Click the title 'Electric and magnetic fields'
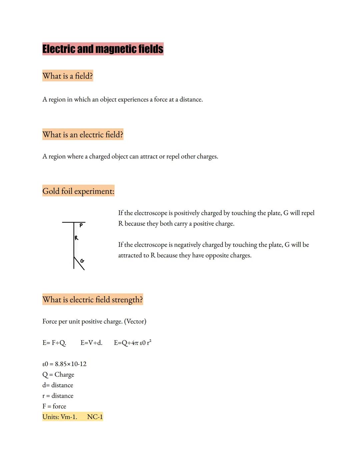tap(103, 49)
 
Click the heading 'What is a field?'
tap(68, 76)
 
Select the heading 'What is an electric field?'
tap(83, 134)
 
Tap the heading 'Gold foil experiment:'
tap(78, 191)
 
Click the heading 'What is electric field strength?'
tap(93, 300)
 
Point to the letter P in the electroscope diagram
tap(81, 226)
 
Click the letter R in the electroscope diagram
tap(76, 238)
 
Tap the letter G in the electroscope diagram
tap(82, 261)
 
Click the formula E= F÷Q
tap(54, 343)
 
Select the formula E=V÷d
tap(91, 343)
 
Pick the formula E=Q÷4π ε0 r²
tap(132, 343)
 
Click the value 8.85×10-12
tap(71, 364)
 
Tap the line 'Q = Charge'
tap(58, 375)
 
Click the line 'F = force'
tap(54, 406)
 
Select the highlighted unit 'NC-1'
tap(95, 417)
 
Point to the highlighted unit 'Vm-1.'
tap(69, 417)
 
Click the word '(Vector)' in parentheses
tap(135, 322)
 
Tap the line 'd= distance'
tap(58, 385)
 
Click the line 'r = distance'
tap(58, 396)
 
